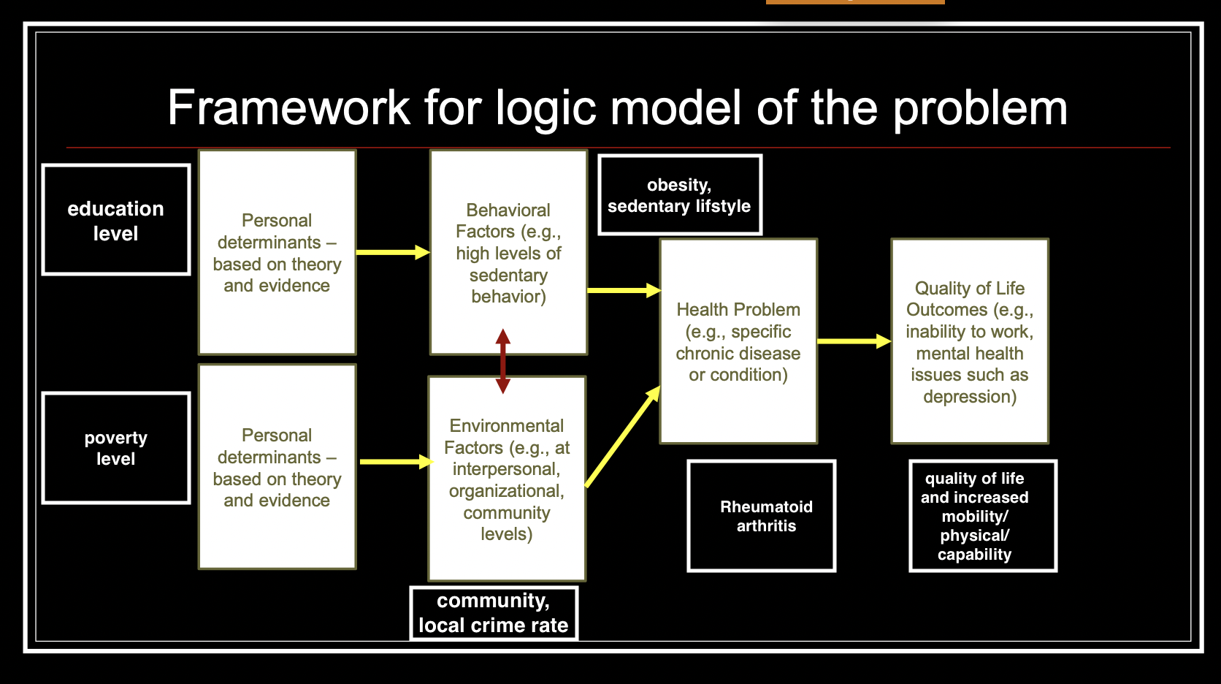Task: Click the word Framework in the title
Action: click(288, 108)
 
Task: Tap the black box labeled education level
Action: click(116, 220)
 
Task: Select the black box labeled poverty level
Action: click(116, 448)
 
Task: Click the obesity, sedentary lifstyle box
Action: click(679, 195)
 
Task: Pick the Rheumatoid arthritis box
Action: click(762, 516)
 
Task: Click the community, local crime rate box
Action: click(494, 613)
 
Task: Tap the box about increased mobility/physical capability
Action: click(982, 516)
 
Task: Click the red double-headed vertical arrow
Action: click(503, 362)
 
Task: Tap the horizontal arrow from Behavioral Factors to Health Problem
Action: click(623, 290)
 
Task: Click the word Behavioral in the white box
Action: click(508, 210)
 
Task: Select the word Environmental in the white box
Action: click(507, 426)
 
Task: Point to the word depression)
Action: click(970, 397)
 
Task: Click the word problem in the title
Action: click(980, 108)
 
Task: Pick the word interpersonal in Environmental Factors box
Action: click(505, 469)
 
